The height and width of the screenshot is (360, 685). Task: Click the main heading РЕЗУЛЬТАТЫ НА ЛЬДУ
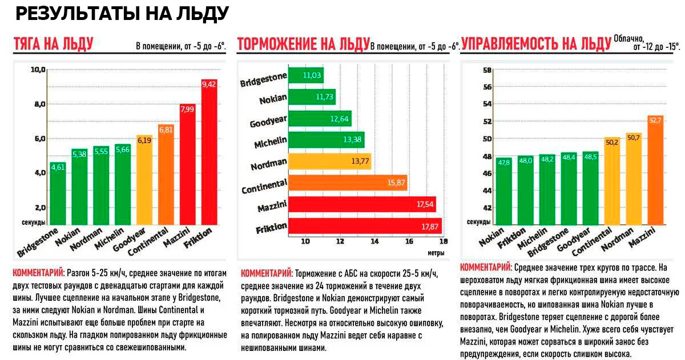[x=122, y=14]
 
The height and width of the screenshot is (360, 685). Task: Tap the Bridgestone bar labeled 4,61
[x=58, y=193]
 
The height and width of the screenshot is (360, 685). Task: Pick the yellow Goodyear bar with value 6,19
[x=144, y=180]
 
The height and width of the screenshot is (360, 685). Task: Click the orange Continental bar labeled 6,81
[x=166, y=174]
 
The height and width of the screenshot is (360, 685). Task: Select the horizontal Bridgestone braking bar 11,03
[x=306, y=75]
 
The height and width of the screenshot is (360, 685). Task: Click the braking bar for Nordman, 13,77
[x=330, y=161]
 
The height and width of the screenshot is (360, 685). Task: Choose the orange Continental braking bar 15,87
[x=348, y=183]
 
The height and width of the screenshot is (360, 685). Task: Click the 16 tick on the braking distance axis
[x=409, y=241]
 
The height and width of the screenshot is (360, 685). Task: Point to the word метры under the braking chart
[x=435, y=252]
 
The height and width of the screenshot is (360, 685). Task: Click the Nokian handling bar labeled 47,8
[x=488, y=191]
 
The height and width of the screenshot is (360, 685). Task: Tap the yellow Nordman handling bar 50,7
[x=633, y=179]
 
